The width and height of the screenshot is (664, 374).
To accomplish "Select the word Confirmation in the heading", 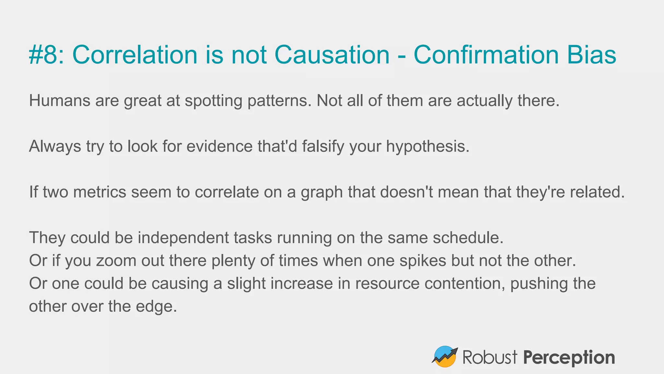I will (486, 55).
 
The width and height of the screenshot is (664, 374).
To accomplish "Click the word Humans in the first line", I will (60, 101).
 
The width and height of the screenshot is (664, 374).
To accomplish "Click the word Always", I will (55, 147).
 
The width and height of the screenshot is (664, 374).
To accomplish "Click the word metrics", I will (100, 192).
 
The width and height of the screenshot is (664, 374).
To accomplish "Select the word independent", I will (183, 238).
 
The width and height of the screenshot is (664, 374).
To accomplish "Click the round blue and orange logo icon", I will (445, 356).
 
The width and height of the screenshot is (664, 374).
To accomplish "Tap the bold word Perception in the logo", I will (569, 358).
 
